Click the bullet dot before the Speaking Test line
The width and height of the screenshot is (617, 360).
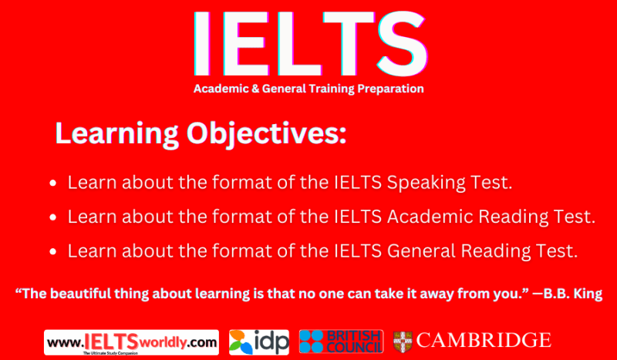pyautogui.click(x=52, y=184)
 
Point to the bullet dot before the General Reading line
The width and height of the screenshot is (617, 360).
pyautogui.click(x=52, y=252)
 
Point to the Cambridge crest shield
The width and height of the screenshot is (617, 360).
pyautogui.click(x=402, y=340)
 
